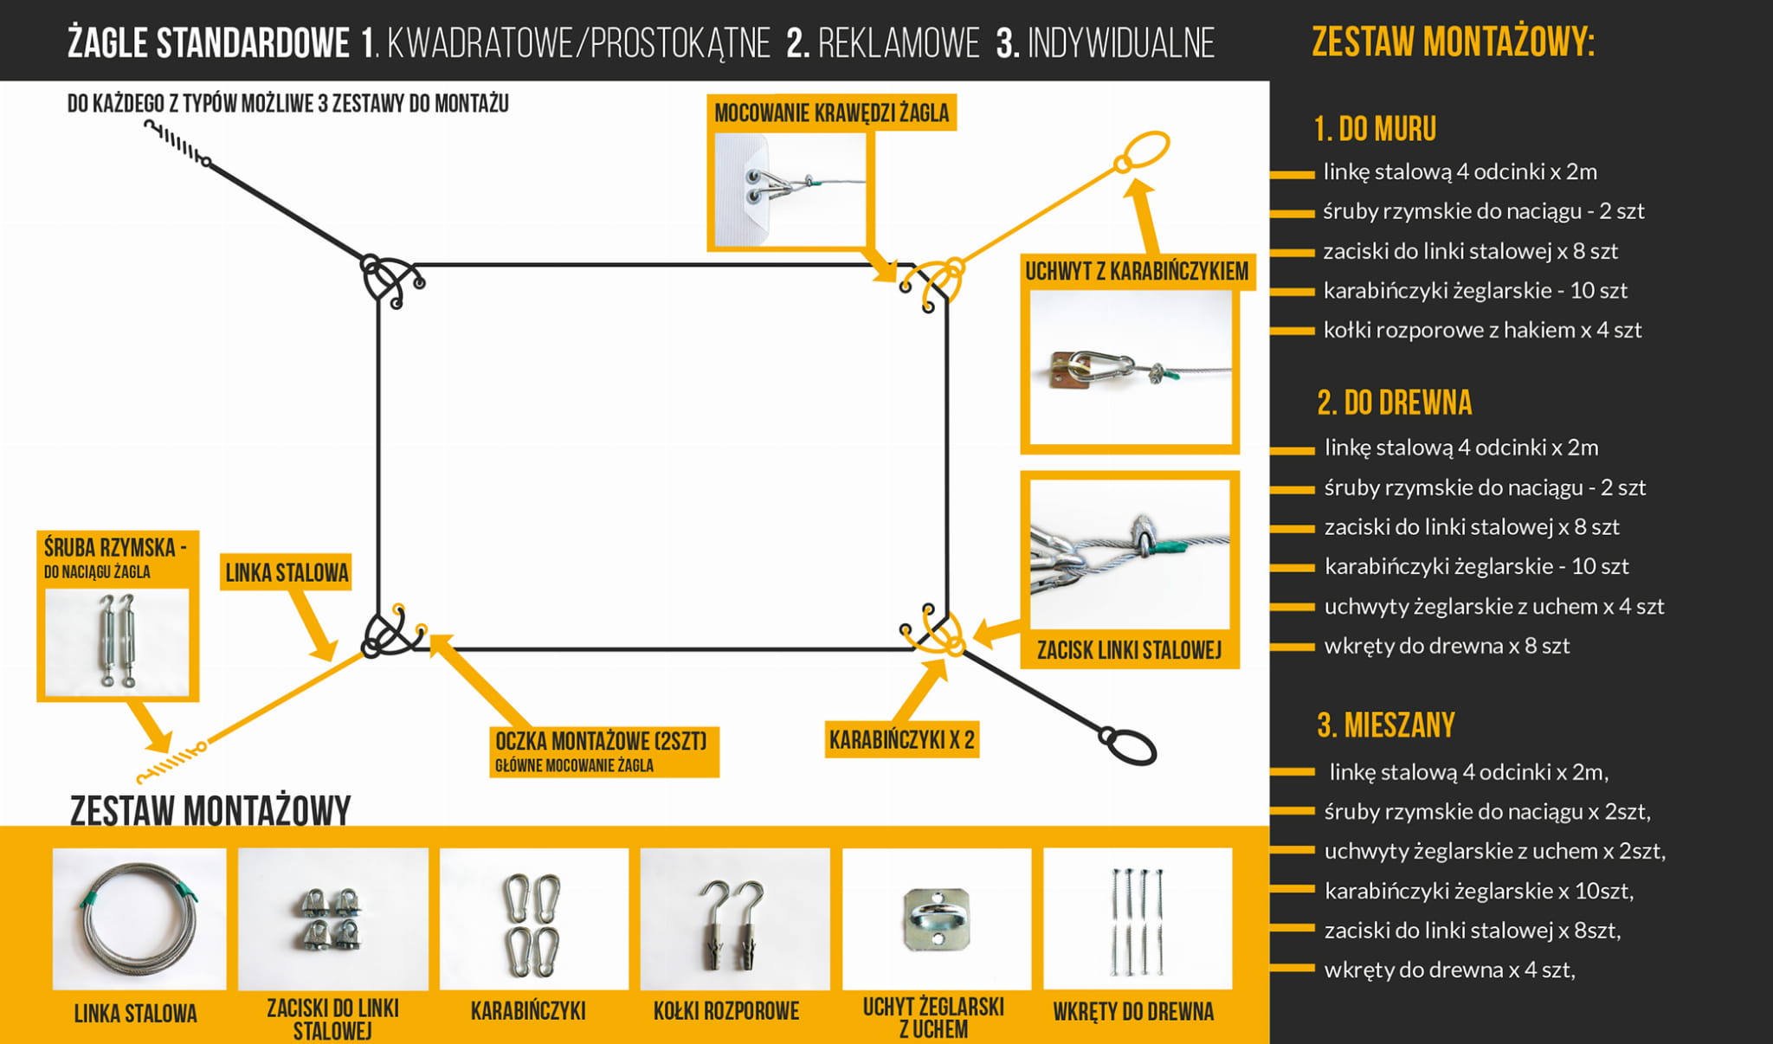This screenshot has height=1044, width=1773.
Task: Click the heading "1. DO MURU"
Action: coord(1375,130)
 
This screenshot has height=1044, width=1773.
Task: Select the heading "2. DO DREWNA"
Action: coord(1394,403)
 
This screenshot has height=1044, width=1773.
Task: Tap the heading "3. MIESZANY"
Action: coord(1385,725)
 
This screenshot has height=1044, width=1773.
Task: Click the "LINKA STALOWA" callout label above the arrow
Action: coord(287,573)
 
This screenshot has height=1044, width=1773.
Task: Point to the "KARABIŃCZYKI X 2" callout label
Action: coord(901,740)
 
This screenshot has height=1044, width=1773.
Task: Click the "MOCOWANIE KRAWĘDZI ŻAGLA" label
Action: coord(831,113)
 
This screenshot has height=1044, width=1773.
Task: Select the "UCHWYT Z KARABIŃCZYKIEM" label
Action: coord(1136,272)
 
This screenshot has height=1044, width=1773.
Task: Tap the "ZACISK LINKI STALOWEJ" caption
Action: coord(1129,650)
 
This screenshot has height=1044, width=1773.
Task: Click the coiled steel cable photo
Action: coord(139,918)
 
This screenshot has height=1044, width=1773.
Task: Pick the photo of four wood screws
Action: coord(1137,918)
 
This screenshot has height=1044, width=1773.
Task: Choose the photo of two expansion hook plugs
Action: coord(734,918)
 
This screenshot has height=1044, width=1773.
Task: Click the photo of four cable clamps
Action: coord(333,918)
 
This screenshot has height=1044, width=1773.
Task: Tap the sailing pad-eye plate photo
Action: coord(936,918)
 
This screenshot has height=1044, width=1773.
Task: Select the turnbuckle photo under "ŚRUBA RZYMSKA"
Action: coord(118,641)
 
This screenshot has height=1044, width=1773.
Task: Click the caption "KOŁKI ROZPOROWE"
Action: coord(725,1011)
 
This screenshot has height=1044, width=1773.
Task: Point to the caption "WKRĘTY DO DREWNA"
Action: coord(1132,1012)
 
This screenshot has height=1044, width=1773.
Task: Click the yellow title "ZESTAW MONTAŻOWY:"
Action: coord(1453,42)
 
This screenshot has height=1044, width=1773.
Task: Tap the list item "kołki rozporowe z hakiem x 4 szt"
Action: coord(1481,331)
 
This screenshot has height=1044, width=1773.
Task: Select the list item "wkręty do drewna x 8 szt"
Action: coord(1446,647)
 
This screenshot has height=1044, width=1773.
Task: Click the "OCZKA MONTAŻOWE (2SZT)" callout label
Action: coord(602,742)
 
